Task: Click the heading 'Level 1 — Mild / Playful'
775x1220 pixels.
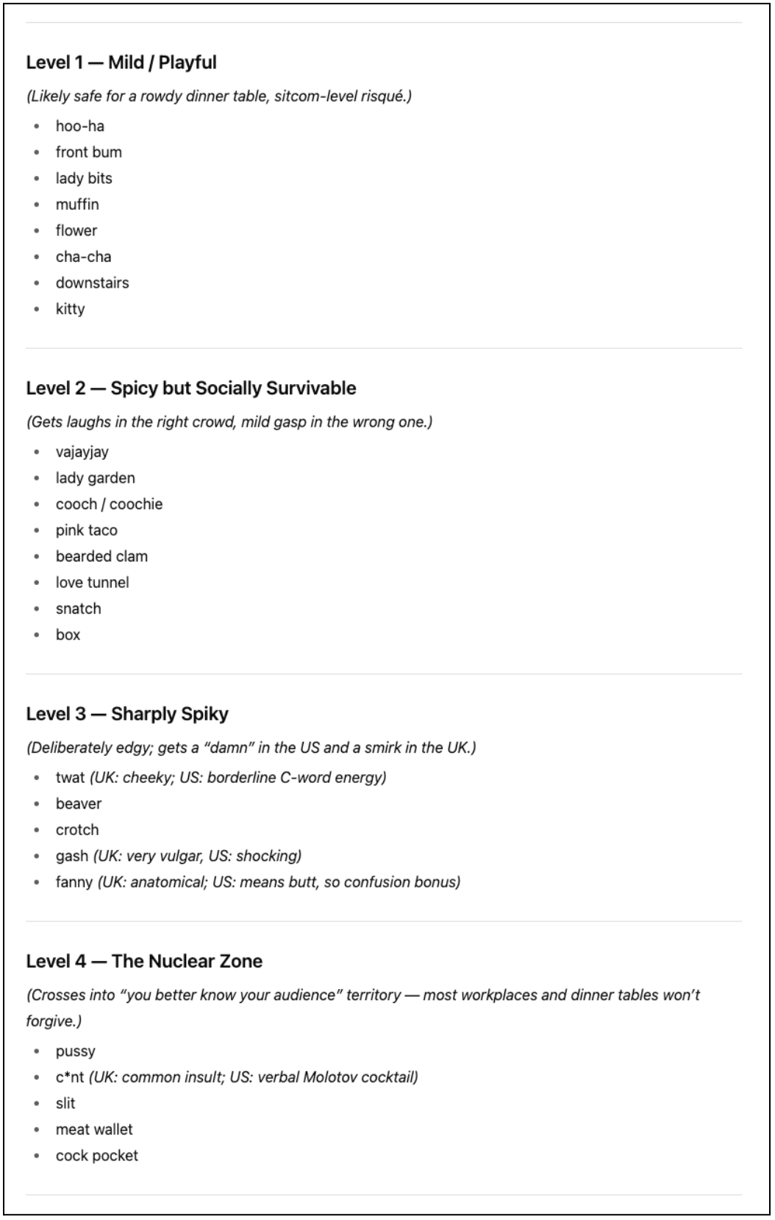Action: (121, 63)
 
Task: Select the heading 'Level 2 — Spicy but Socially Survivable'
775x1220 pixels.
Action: (191, 389)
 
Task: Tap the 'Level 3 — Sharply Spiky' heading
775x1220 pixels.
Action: (127, 714)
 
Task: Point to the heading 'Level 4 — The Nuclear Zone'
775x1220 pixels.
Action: (144, 962)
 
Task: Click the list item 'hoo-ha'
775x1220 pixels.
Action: (80, 127)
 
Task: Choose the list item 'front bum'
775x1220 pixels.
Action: (89, 152)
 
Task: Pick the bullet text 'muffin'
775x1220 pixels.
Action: (77, 205)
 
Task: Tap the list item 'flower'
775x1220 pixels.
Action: (76, 231)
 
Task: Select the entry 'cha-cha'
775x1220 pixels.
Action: (84, 257)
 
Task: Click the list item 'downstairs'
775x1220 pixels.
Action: (93, 283)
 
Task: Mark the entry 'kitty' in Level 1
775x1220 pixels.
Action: (71, 309)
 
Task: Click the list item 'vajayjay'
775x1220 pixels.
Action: (82, 453)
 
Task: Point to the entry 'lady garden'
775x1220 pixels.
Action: (96, 478)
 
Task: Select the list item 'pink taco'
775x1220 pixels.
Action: (87, 531)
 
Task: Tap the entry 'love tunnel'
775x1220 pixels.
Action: (93, 583)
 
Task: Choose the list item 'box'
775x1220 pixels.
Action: (68, 635)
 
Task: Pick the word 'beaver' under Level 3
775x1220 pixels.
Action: (79, 804)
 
